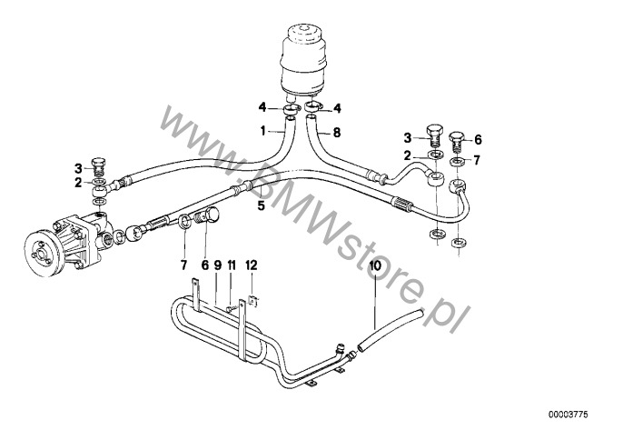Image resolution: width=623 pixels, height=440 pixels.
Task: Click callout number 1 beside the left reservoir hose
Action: [x=263, y=131]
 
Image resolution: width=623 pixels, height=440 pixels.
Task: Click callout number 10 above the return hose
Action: [x=374, y=265]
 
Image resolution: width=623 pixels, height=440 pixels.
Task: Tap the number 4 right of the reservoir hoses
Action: [x=338, y=109]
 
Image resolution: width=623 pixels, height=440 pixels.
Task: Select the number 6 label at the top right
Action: [x=478, y=139]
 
